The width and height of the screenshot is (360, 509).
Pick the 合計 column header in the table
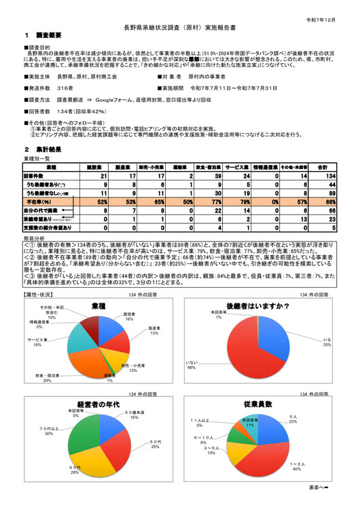tap(323, 167)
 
